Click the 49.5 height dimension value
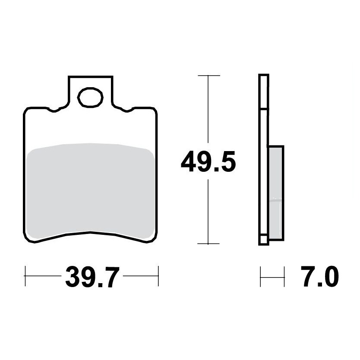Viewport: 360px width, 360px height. pyautogui.click(x=208, y=161)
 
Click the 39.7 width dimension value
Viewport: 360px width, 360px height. pyautogui.click(x=92, y=277)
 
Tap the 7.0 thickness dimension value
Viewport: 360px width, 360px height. pyautogui.click(x=320, y=276)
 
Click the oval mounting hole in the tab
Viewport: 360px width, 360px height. pyautogui.click(x=90, y=98)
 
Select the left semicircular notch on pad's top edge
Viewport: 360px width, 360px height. pyautogui.click(x=54, y=110)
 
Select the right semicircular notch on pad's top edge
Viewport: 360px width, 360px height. pyautogui.click(x=126, y=110)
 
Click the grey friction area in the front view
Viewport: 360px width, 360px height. pyautogui.click(x=90, y=190)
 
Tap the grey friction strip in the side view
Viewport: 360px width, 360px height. pyautogui.click(x=275, y=193)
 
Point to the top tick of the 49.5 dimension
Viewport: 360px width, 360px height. pyautogui.click(x=208, y=75)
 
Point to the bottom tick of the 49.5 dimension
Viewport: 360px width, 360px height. pyautogui.click(x=208, y=243)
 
